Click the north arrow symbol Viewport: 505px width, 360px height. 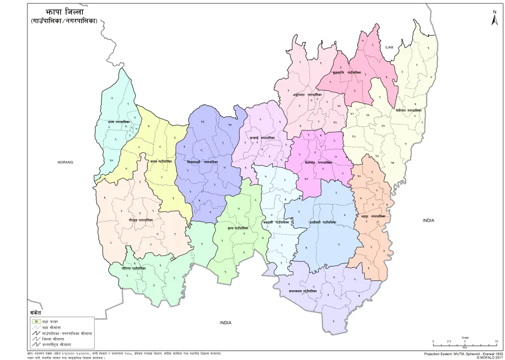(x=495, y=19)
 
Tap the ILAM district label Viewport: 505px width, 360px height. (x=389, y=47)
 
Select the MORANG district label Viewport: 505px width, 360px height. (x=65, y=162)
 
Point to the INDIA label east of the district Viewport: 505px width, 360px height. (x=429, y=220)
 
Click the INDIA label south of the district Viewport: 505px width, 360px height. (x=226, y=323)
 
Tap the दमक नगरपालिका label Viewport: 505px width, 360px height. (x=119, y=121)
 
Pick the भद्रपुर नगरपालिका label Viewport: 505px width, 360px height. (x=371, y=217)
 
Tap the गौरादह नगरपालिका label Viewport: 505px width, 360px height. (x=140, y=219)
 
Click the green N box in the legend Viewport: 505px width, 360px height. (x=36, y=321)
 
